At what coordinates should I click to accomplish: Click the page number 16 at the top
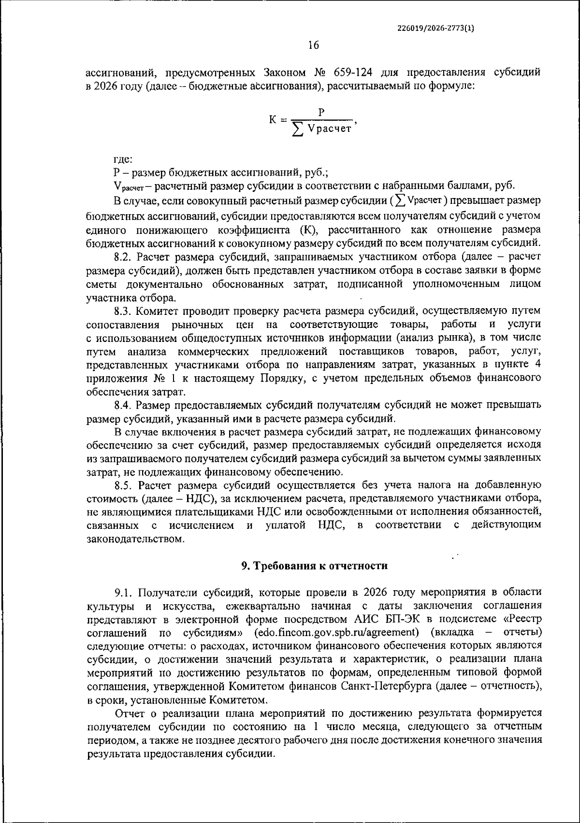coord(314,45)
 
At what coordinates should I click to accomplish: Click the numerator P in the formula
coord(321,112)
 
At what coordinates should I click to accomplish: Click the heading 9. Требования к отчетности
coord(314,566)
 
